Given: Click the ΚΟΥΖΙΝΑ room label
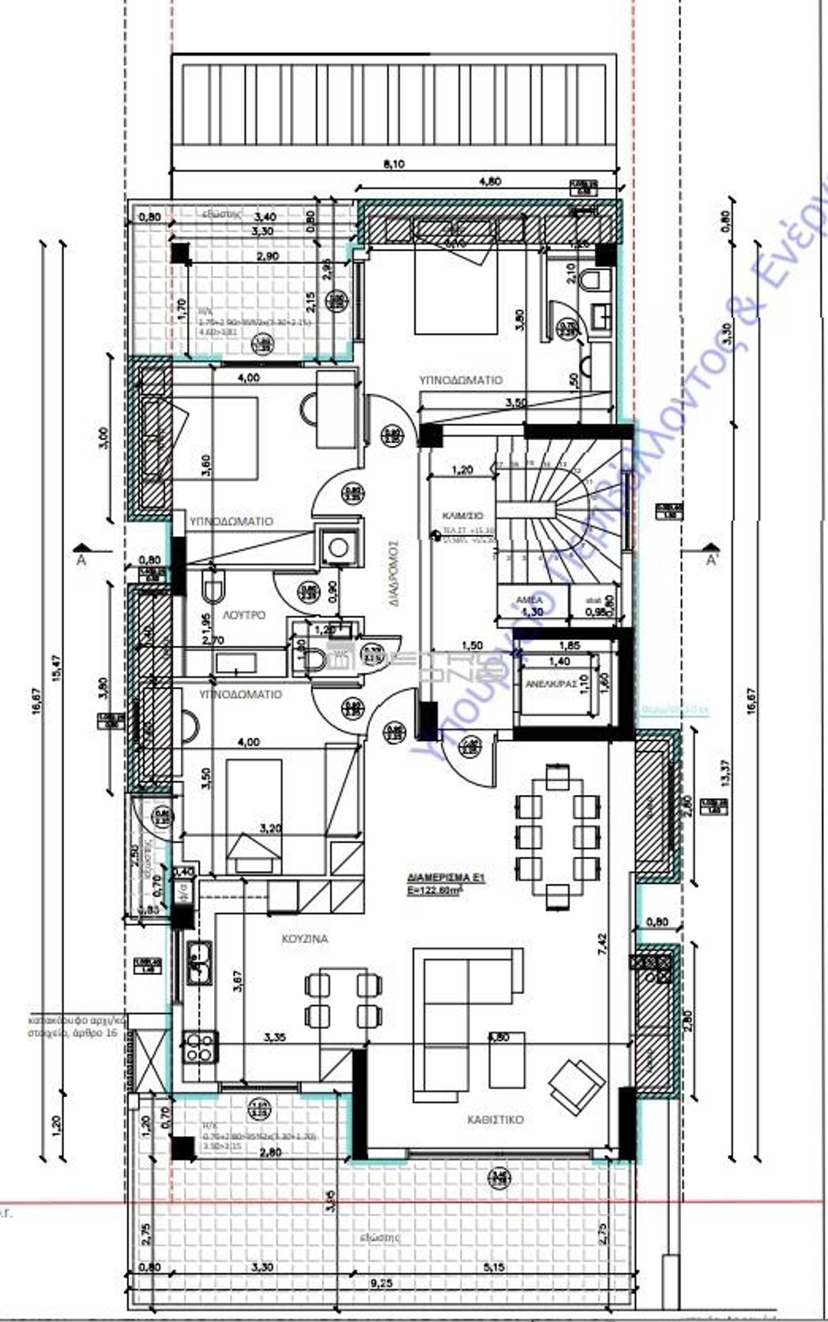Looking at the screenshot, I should coord(304,938).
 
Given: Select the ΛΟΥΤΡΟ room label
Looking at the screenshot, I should coord(244,615).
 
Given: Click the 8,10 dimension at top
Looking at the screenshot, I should coord(394,164).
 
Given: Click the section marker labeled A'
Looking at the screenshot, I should coord(712,559).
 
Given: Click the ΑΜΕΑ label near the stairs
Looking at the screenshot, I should coord(530,600).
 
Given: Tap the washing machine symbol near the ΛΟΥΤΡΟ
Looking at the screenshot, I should coord(339,547).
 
